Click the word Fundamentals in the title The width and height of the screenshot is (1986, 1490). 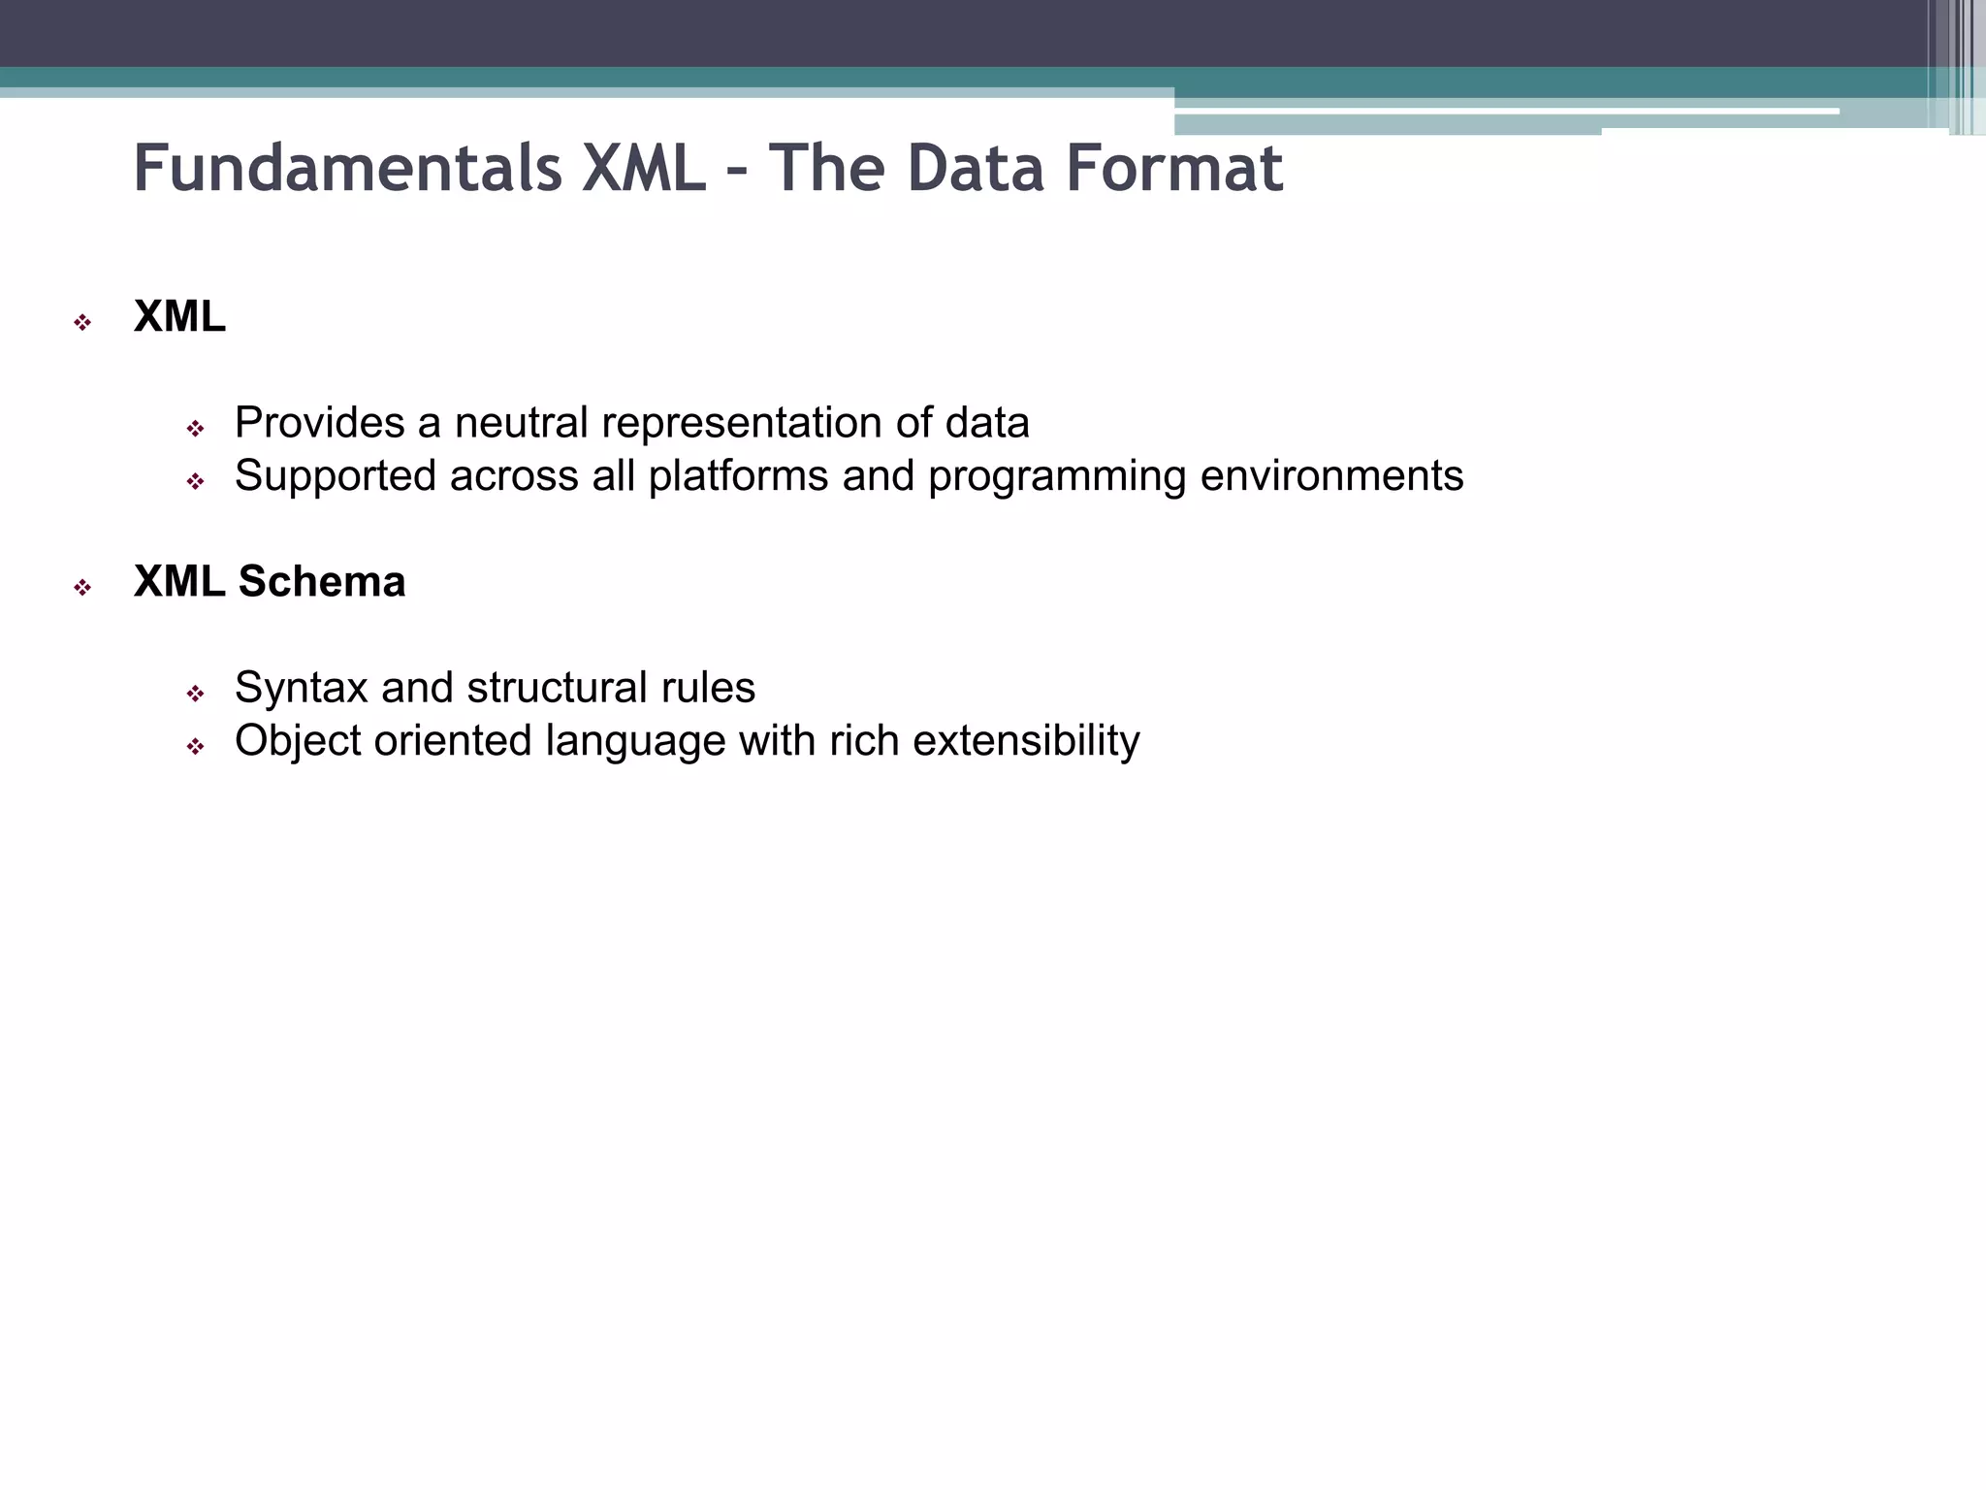click(x=347, y=169)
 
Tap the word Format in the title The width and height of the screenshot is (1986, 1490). click(x=1174, y=169)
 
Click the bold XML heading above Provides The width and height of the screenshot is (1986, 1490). click(x=179, y=317)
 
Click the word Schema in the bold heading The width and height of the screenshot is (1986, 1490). click(x=322, y=582)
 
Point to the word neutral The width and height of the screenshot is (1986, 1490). click(x=521, y=423)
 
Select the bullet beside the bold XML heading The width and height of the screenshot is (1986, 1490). click(x=82, y=323)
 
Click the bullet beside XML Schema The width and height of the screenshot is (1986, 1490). click(x=82, y=588)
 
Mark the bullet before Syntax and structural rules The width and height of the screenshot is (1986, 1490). click(x=196, y=694)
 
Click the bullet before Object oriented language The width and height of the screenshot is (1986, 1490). click(x=196, y=747)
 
